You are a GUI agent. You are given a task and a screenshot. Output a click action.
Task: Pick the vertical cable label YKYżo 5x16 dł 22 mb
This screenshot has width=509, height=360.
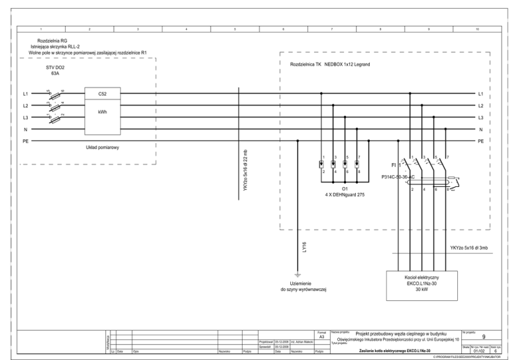click(x=246, y=174)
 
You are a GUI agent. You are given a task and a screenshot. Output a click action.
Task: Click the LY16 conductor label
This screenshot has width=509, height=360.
click(x=305, y=247)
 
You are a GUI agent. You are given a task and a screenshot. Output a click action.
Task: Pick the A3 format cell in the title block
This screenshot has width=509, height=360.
click(x=321, y=337)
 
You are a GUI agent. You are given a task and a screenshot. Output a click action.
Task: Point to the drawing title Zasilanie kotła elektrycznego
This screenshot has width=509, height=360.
click(x=395, y=350)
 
